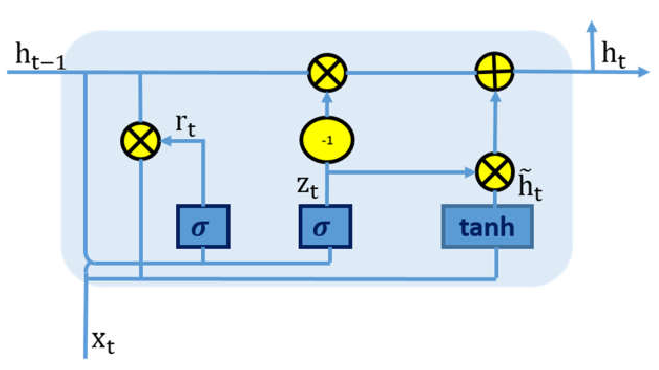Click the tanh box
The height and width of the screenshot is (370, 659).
(487, 227)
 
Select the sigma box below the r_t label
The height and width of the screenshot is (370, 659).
(203, 226)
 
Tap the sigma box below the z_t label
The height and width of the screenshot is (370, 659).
(325, 226)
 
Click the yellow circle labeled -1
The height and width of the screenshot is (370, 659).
(327, 140)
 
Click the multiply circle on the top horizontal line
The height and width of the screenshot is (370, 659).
(327, 72)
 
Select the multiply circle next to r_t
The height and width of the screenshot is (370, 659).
(140, 141)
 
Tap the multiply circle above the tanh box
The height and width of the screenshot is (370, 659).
(495, 172)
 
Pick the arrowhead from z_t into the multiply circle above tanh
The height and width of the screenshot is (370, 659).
(470, 172)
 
